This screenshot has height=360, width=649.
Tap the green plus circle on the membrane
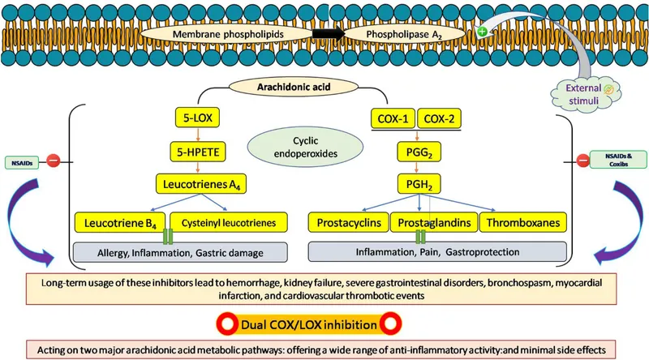pos(484,32)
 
